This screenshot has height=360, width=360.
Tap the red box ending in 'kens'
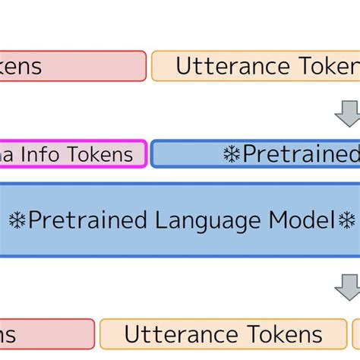click(72, 66)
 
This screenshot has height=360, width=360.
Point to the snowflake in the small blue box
click(231, 154)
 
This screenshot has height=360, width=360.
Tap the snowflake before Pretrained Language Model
click(17, 220)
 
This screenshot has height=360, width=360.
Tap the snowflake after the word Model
click(346, 220)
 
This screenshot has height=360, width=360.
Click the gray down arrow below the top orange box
click(348, 112)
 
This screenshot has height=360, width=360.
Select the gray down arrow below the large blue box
click(348, 286)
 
